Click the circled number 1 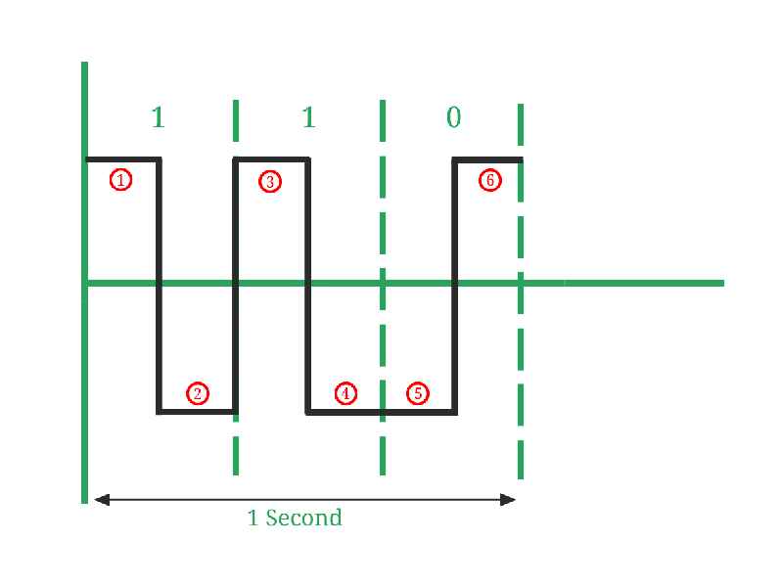pos(120,180)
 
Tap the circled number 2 pos(198,393)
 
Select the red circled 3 pos(270,181)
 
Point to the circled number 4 pos(345,393)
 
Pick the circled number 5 pos(418,393)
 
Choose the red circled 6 pos(490,180)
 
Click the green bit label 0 pos(453,117)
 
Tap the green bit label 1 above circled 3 pos(308,117)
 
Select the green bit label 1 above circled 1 pos(158,117)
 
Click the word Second pos(303,518)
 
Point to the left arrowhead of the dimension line pos(102,499)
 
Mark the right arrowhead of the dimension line pos(508,500)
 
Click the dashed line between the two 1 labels pos(236,288)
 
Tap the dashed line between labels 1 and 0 pos(383,288)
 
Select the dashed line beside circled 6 pos(521,292)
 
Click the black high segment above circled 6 pos(487,160)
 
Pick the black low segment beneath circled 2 pos(198,412)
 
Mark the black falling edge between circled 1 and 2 pos(159,286)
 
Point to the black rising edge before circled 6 pos(455,286)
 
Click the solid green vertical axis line pos(84,283)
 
